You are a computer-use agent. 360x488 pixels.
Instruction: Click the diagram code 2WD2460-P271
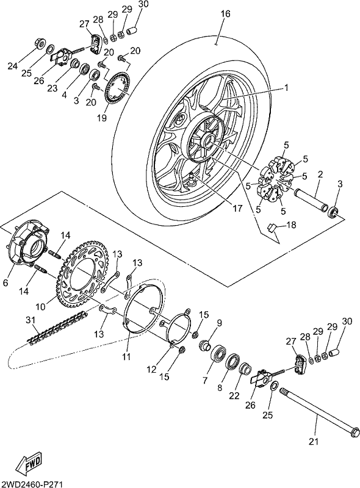point(32,484)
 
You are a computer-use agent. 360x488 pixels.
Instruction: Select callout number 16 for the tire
point(226,14)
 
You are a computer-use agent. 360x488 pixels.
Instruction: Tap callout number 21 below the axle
point(314,441)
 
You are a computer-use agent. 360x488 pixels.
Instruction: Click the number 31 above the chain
point(31,320)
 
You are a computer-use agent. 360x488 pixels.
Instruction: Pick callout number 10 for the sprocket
point(41,307)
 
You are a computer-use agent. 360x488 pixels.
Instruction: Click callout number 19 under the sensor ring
point(102,118)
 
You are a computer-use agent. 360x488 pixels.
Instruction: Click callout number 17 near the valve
point(237,208)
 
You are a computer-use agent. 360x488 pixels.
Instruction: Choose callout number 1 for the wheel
point(286,88)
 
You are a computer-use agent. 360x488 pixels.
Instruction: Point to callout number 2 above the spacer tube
point(320,174)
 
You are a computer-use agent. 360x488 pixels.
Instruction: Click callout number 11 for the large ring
point(127,356)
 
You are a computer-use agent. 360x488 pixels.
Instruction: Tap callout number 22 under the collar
point(234,395)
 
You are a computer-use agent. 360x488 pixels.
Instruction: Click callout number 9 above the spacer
point(219,323)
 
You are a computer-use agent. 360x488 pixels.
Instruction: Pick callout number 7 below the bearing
point(204,380)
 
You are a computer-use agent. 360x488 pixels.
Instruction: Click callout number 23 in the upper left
point(52,88)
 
